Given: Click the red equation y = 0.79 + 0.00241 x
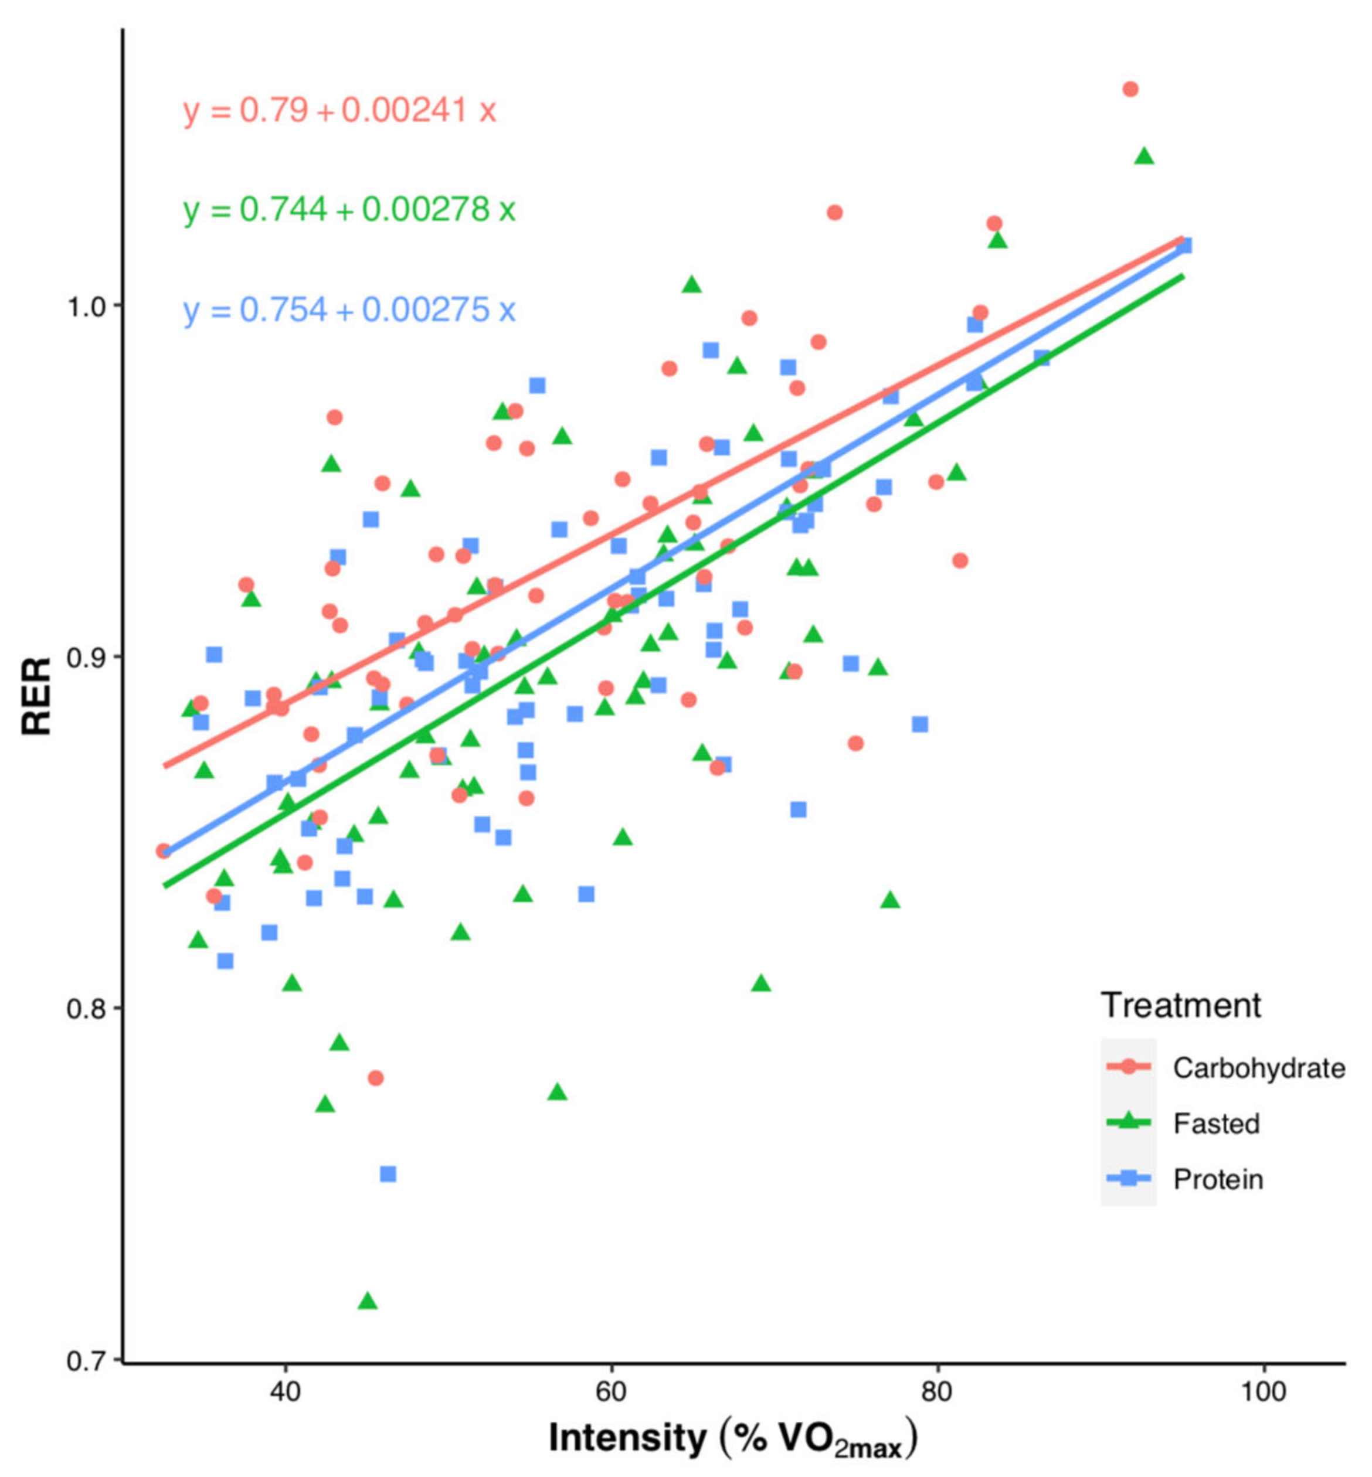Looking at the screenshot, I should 339,111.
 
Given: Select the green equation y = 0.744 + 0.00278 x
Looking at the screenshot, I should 349,210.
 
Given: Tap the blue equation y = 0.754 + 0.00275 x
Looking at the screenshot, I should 349,309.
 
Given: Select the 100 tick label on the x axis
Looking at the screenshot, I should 1264,1391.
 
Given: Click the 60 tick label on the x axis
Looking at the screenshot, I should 611,1391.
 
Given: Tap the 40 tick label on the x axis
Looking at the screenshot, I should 285,1391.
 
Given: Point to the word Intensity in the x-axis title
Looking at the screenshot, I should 627,1438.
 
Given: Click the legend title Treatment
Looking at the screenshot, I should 1180,1006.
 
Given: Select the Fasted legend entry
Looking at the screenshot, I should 1216,1124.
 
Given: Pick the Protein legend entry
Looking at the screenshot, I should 1218,1179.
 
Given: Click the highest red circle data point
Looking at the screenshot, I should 1130,89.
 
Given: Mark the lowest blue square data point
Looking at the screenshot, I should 388,1173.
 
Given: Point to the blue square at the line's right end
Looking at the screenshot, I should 1184,245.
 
